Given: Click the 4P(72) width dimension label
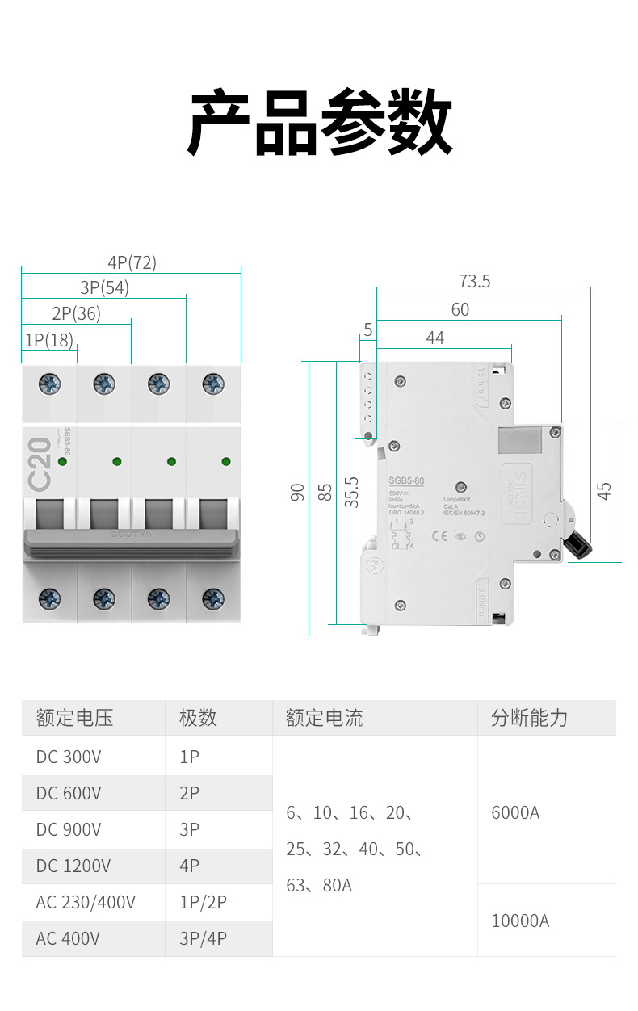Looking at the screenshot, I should pos(132,262).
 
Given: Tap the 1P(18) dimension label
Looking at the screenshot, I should pos(48,340).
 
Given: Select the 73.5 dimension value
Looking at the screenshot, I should pos(474,282).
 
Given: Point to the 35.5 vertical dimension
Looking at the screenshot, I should pos(351,491).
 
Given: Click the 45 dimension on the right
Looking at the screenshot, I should pos(604,490).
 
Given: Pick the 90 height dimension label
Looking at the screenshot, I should pos(297,492).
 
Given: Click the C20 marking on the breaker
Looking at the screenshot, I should pos(40,465).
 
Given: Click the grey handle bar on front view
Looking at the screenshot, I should pos(131,543).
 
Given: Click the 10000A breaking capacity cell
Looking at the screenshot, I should pos(520,921).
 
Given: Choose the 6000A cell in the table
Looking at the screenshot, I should pos(515,812).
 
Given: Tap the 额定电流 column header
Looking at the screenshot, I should pos(325,718).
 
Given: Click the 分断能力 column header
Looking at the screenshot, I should pos(530,718).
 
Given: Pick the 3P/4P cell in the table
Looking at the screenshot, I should pos(203,938).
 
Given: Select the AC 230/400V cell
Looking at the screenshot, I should pos(86,902).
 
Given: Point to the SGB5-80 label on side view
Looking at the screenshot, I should pos(407,481).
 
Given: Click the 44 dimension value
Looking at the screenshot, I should pos(435,338).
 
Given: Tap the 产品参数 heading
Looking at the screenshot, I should pos(320,124).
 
